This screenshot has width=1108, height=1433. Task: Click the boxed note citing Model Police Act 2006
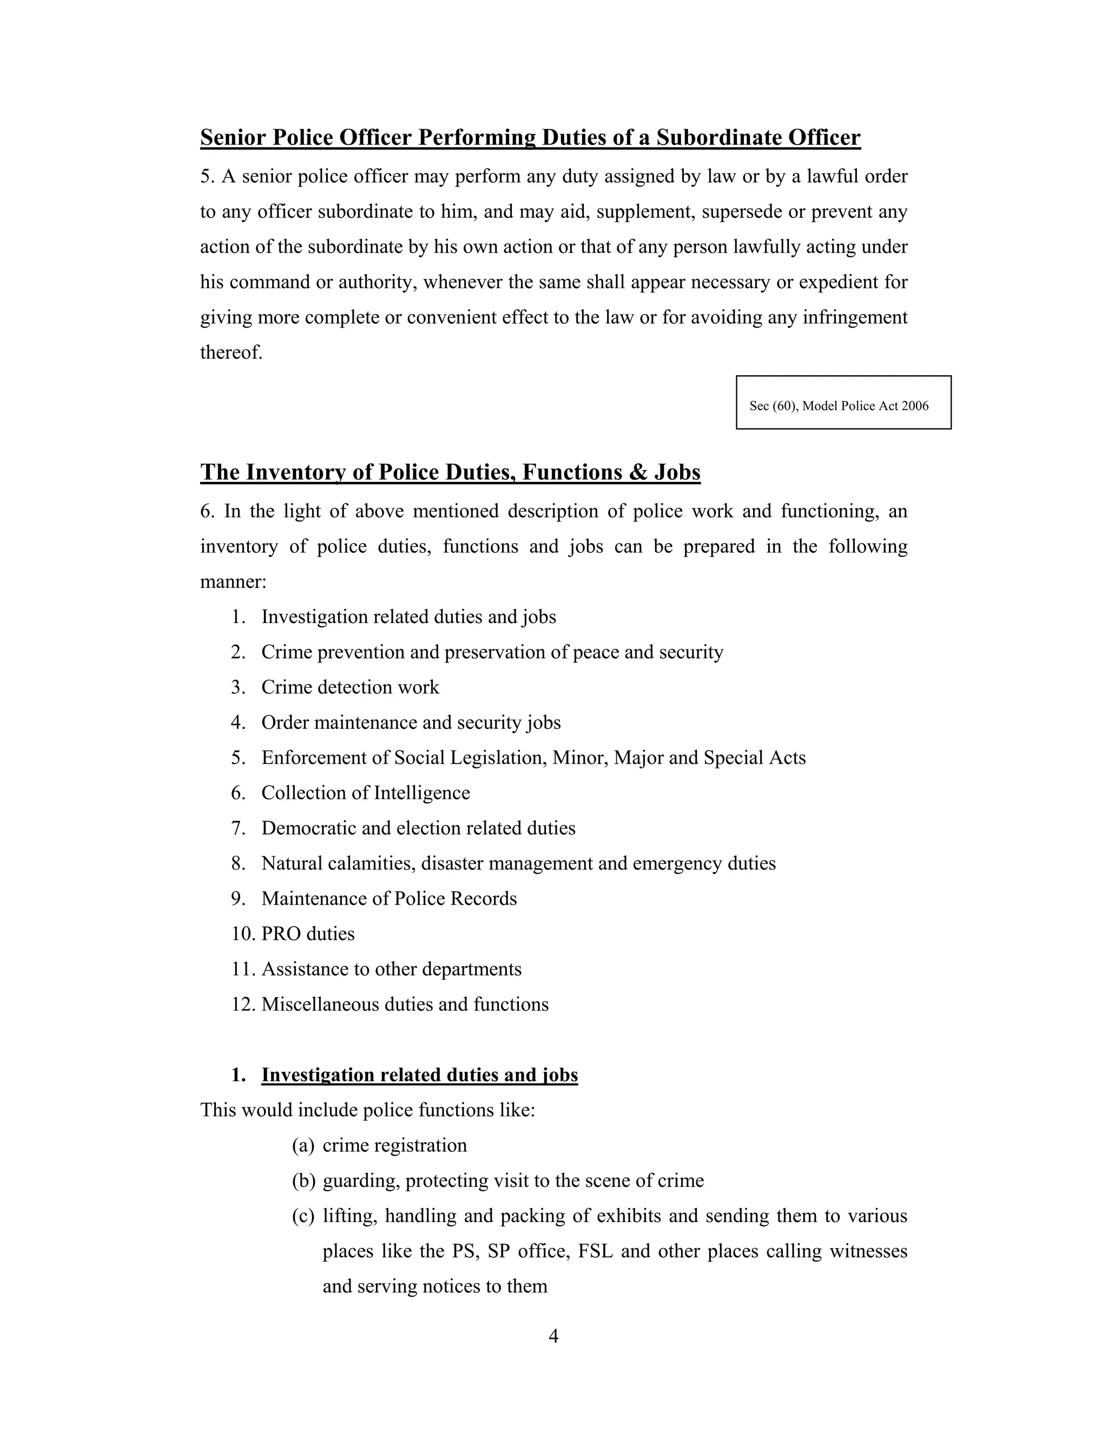[x=843, y=403]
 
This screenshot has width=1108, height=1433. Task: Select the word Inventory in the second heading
[x=295, y=473]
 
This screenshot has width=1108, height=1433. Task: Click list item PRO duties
[x=308, y=934]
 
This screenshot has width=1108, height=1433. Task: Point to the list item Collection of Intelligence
[x=366, y=793]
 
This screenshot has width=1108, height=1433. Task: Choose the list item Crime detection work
[x=350, y=688]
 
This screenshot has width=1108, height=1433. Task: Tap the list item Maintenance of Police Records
[x=388, y=899]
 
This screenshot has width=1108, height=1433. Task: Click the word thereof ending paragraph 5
[x=230, y=353]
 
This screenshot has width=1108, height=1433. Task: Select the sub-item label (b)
[x=304, y=1181]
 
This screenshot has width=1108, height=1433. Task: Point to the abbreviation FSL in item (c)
[x=595, y=1251]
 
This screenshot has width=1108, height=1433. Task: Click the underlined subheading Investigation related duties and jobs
[x=419, y=1076]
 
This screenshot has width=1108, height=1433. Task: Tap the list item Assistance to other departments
[x=391, y=969]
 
